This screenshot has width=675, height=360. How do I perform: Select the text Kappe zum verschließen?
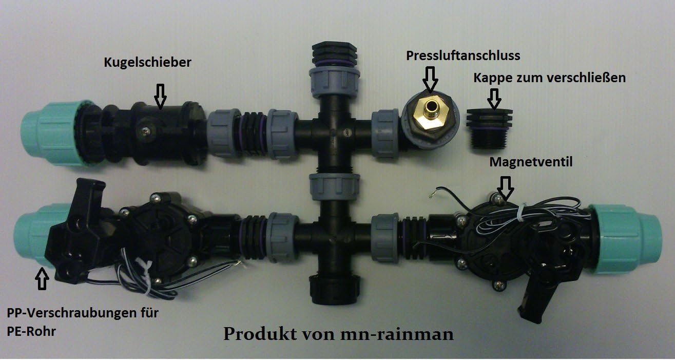[549, 79]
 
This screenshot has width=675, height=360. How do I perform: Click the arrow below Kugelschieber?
[161, 97]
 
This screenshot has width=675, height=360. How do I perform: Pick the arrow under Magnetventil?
[506, 186]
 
